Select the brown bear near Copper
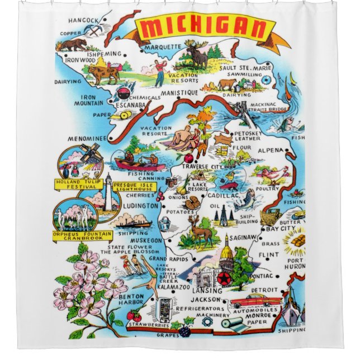(x=75, y=43)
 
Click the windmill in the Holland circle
(x=89, y=153)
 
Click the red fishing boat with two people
(x=139, y=164)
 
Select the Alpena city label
(x=272, y=150)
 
